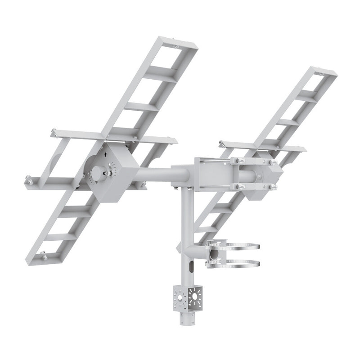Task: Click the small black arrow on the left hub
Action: tap(105, 154)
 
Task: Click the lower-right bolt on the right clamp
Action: tap(273, 185)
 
